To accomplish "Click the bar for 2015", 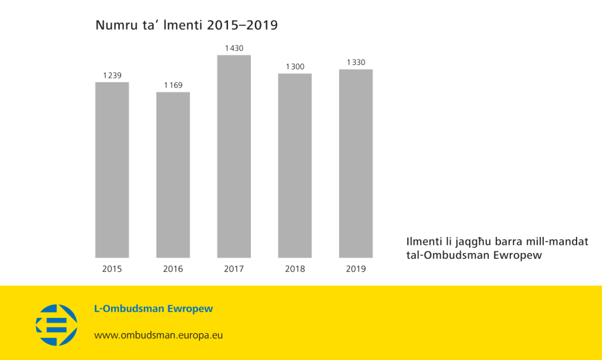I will (112, 170).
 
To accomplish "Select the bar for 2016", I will (173, 175).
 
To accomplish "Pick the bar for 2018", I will (295, 165).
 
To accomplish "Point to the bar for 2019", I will (356, 163).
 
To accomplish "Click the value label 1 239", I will (112, 76).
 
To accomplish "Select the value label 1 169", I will (173, 85).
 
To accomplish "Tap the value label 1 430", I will (234, 48).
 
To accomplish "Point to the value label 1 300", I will (295, 66).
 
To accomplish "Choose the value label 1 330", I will (356, 62).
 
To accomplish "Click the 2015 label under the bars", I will (112, 269).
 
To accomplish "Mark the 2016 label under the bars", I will (173, 269).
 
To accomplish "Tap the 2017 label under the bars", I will (234, 269).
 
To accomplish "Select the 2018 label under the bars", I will (295, 269).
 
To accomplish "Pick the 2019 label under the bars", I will (356, 269).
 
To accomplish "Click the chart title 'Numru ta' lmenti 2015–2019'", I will (186, 25).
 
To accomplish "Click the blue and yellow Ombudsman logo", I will (56, 325).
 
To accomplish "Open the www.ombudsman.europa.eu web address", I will (158, 335).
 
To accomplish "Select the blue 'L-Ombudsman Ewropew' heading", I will (153, 309).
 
